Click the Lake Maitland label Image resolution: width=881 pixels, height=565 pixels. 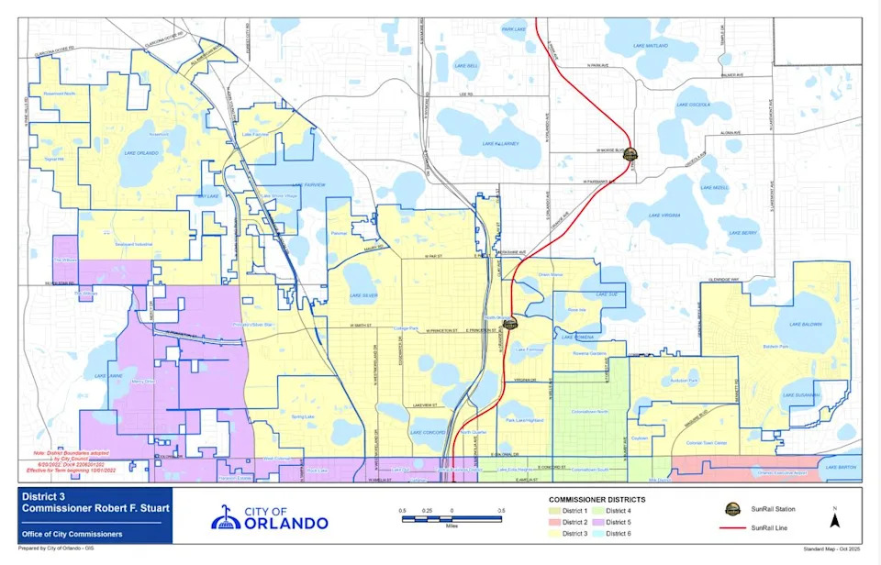(x=651, y=45)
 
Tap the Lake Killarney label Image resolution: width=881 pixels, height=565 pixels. (x=499, y=143)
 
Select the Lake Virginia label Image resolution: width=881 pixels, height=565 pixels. (x=664, y=215)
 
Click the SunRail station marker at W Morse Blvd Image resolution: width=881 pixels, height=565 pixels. (x=630, y=156)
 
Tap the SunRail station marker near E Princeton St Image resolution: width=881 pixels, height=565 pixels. (x=510, y=322)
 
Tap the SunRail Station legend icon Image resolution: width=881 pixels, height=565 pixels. (x=732, y=509)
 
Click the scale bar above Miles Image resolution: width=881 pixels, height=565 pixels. (x=452, y=519)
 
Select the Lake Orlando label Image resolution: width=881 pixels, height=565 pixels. (x=142, y=153)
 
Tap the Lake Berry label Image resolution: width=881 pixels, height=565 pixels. (x=742, y=233)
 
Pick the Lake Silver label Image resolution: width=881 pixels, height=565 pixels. (x=363, y=295)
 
